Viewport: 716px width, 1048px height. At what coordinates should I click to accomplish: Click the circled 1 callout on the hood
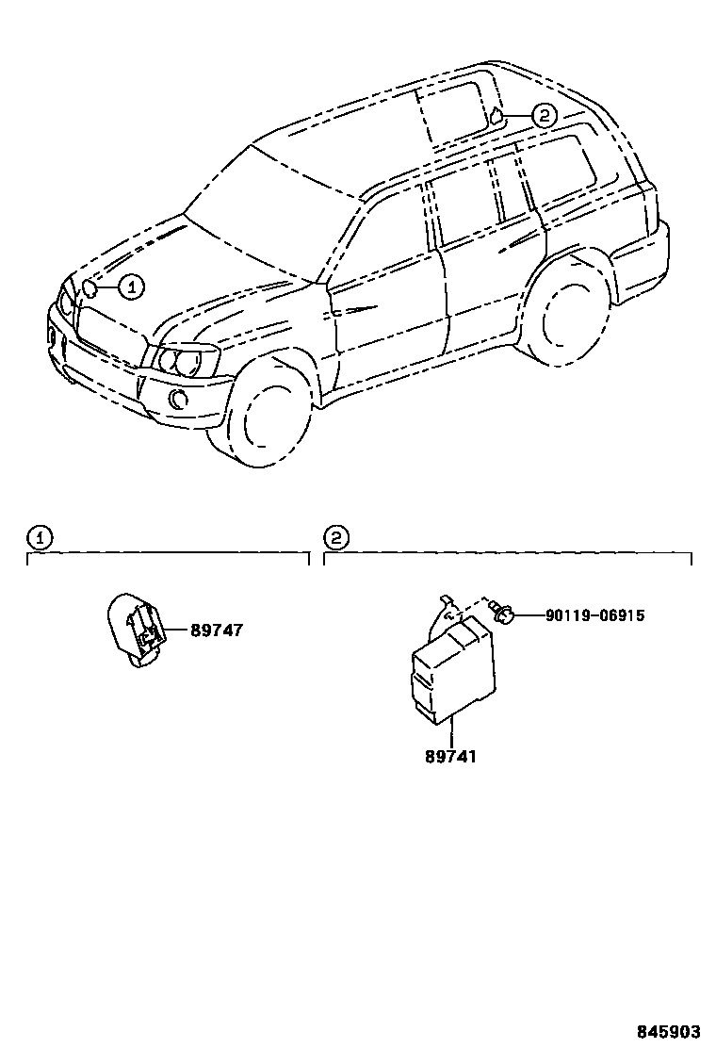[x=131, y=286]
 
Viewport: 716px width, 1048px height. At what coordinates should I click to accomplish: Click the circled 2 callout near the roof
[x=544, y=116]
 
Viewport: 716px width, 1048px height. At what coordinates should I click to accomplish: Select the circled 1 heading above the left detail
[x=39, y=538]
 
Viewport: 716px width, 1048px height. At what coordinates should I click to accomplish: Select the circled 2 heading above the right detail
[x=336, y=538]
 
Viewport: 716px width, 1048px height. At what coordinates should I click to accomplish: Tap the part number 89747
[x=216, y=630]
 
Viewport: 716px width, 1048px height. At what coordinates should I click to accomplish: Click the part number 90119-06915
[x=594, y=615]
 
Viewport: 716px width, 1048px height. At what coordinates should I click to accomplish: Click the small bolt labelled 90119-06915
[x=504, y=614]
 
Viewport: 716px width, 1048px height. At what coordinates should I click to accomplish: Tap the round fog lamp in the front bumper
[x=178, y=399]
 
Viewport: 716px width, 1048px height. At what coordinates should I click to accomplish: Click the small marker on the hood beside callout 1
[x=90, y=287]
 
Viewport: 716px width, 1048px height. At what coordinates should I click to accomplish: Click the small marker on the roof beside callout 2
[x=494, y=117]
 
